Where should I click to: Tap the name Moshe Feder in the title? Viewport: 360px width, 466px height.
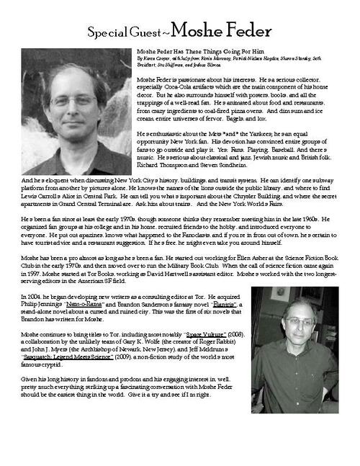click(222, 31)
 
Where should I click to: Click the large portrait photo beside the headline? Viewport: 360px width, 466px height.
click(76, 111)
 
